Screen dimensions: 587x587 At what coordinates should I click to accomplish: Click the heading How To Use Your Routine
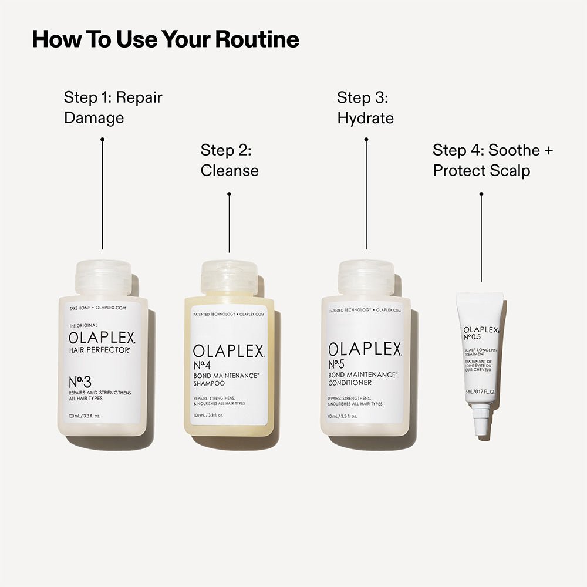(x=165, y=39)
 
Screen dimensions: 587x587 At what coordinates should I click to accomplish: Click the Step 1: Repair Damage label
(x=113, y=107)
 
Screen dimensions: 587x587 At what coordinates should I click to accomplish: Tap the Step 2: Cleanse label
(x=229, y=160)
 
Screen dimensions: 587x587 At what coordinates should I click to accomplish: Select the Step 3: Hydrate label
(x=365, y=107)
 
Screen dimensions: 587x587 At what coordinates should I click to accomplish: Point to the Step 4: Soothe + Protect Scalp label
(x=492, y=160)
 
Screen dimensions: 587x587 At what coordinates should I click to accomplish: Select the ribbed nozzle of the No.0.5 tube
(x=481, y=421)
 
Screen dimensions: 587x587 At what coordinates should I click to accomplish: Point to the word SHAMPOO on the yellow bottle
(x=210, y=383)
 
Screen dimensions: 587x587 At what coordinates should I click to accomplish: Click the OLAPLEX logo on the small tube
(x=481, y=330)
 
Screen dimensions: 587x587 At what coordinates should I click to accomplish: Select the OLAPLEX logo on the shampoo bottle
(x=229, y=352)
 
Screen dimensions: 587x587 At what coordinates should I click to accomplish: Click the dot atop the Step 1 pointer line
(x=102, y=139)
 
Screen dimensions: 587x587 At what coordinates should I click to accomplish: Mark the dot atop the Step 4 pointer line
(x=481, y=194)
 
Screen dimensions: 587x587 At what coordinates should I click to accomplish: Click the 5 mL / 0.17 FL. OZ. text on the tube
(x=481, y=392)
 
